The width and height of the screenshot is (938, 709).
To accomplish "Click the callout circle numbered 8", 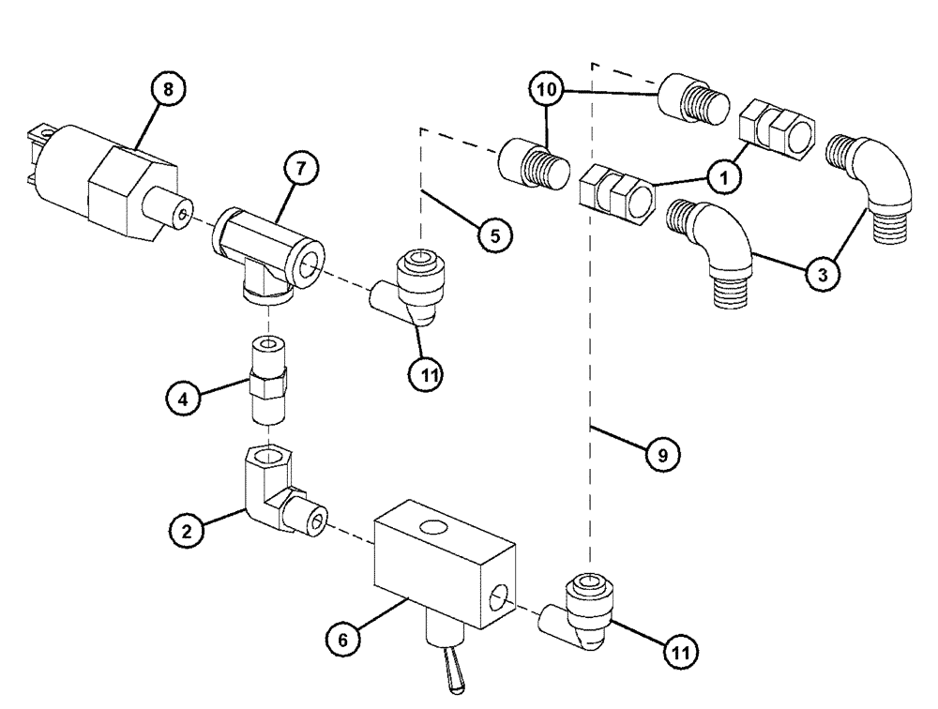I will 168,89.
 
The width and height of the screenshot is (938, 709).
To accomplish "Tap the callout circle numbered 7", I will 301,169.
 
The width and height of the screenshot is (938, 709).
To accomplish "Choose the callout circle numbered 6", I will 343,640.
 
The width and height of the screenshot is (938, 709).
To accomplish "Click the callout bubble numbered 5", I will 494,234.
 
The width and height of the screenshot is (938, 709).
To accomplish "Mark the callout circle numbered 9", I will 662,454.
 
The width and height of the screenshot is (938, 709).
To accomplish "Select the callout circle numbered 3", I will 823,274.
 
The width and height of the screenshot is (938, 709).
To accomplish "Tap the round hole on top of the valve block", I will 432,530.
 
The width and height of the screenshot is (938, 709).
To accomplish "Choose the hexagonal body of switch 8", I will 127,191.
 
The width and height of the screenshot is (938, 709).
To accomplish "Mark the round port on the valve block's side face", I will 500,596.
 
